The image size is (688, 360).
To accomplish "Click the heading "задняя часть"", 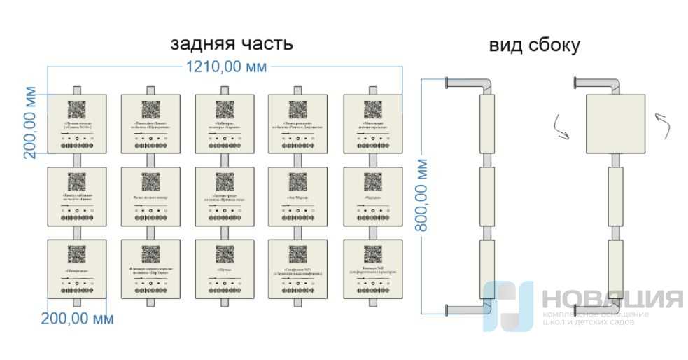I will [x=232, y=44].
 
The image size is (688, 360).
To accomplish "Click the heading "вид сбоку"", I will [x=534, y=46].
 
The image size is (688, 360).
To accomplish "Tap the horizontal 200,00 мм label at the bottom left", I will [x=77, y=319].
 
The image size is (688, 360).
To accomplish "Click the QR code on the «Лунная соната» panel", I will [x=76, y=110].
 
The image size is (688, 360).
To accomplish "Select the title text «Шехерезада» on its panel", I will [x=76, y=270].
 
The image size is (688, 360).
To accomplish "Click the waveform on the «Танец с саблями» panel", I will [x=76, y=218].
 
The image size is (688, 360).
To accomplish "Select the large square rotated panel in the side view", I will [x=614, y=124].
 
